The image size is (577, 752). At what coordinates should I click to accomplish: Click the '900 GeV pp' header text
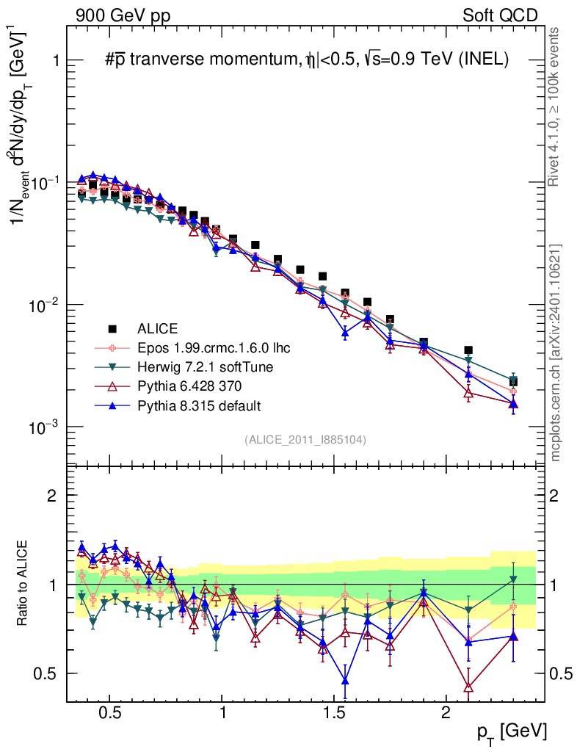[122, 15]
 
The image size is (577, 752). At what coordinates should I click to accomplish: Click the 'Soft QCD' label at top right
[500, 15]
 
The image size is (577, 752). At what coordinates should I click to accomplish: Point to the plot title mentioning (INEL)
[307, 62]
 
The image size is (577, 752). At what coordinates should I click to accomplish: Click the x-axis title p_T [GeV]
[512, 731]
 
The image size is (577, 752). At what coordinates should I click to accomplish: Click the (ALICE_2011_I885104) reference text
[305, 439]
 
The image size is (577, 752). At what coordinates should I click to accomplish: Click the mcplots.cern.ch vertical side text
[555, 352]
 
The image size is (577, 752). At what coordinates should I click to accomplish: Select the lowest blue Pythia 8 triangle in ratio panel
[345, 681]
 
